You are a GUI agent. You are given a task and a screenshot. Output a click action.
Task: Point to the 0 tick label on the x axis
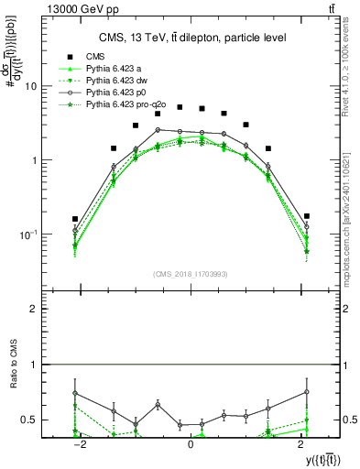click(x=191, y=443)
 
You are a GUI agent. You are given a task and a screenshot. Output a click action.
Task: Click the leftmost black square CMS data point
click(x=75, y=219)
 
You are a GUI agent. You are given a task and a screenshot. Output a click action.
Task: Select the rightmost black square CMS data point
click(x=307, y=216)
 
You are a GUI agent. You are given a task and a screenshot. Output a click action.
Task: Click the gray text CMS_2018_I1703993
click(x=191, y=274)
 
